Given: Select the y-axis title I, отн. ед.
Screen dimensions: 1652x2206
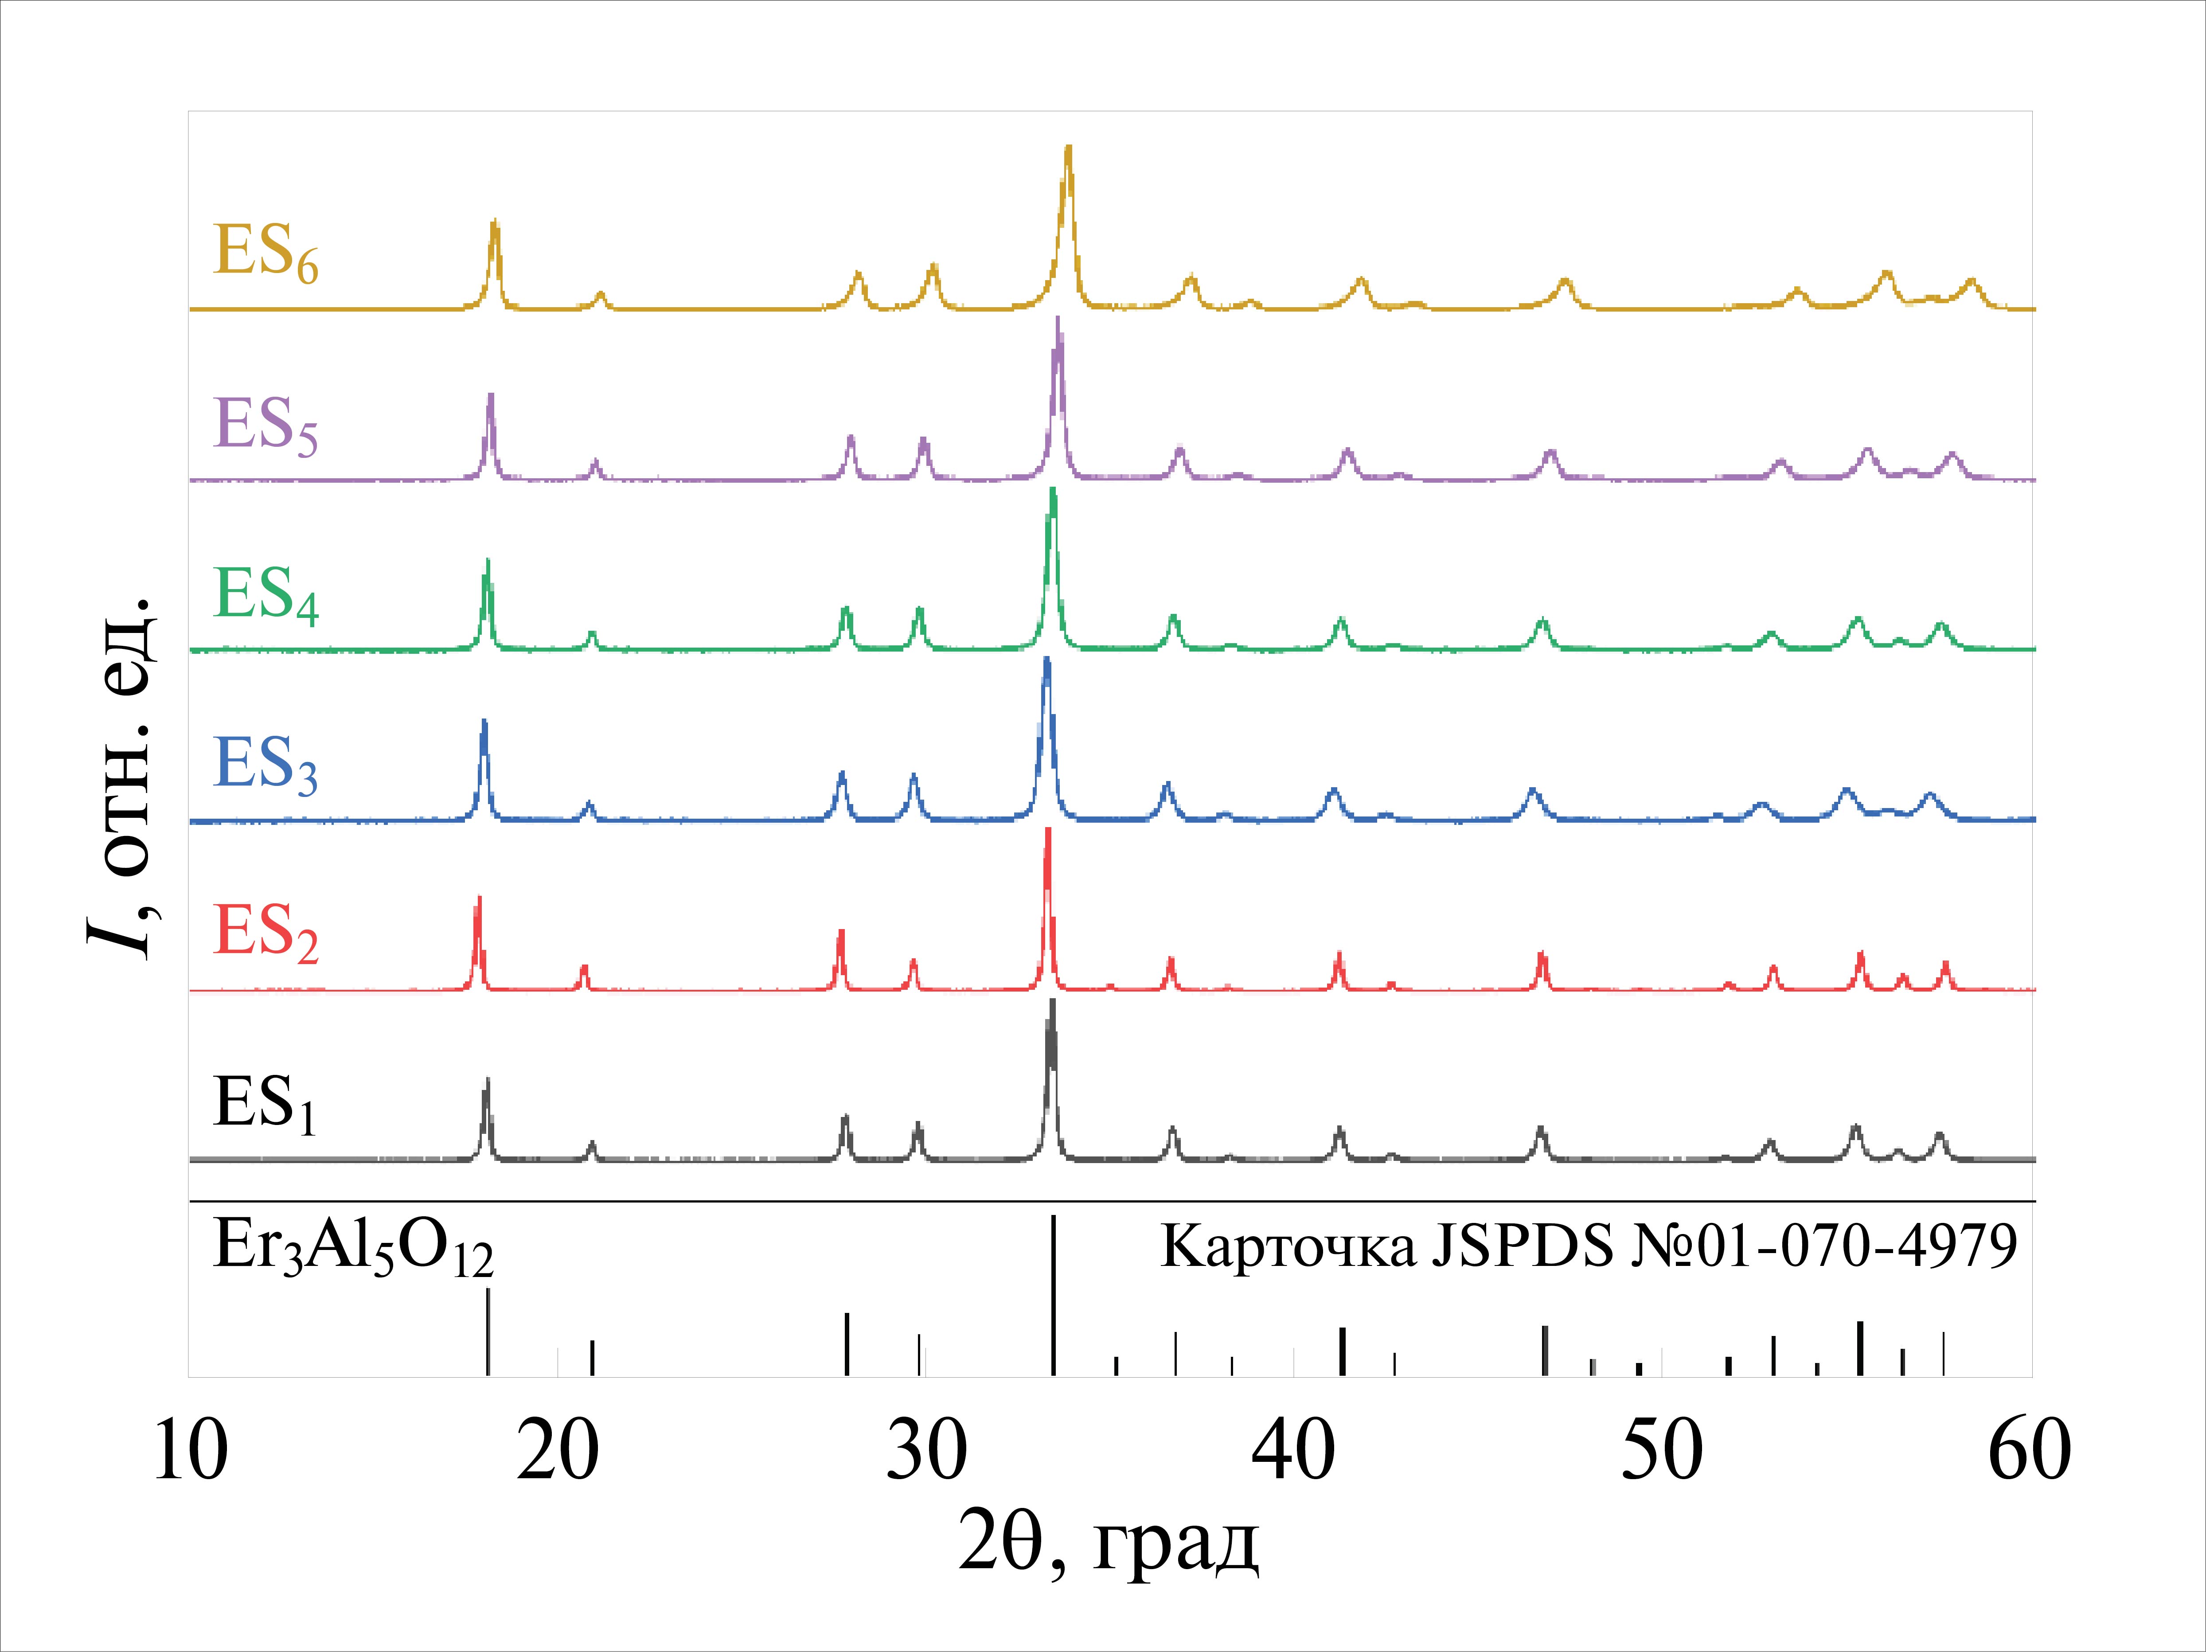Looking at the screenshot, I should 120,778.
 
